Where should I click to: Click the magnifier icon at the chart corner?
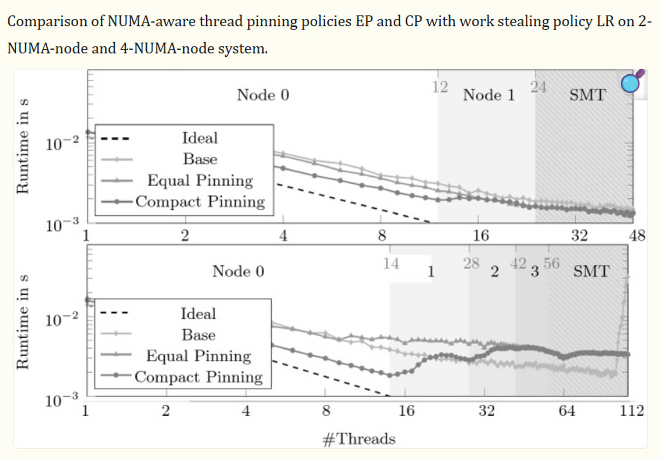(x=632, y=82)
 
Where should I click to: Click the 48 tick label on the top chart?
(x=637, y=235)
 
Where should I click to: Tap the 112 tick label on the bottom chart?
(x=632, y=410)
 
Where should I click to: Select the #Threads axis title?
(x=359, y=439)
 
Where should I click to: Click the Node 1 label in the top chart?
(x=489, y=95)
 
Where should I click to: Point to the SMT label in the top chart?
(x=587, y=95)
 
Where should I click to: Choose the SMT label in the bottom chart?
(x=591, y=271)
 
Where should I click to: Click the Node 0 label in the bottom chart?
(x=238, y=271)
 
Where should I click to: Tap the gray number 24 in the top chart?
(x=538, y=87)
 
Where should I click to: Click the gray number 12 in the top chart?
(x=440, y=87)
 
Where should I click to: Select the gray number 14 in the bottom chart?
(x=391, y=263)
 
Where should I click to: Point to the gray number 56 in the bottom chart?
(x=551, y=263)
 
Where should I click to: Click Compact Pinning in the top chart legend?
(x=200, y=201)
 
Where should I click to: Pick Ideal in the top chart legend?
(x=200, y=138)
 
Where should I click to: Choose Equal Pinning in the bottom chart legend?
(x=198, y=356)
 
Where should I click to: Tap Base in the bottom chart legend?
(x=198, y=335)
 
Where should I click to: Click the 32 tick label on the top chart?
(x=579, y=235)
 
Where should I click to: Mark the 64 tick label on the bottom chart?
(x=567, y=410)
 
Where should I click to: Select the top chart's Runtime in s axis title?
(x=23, y=146)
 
